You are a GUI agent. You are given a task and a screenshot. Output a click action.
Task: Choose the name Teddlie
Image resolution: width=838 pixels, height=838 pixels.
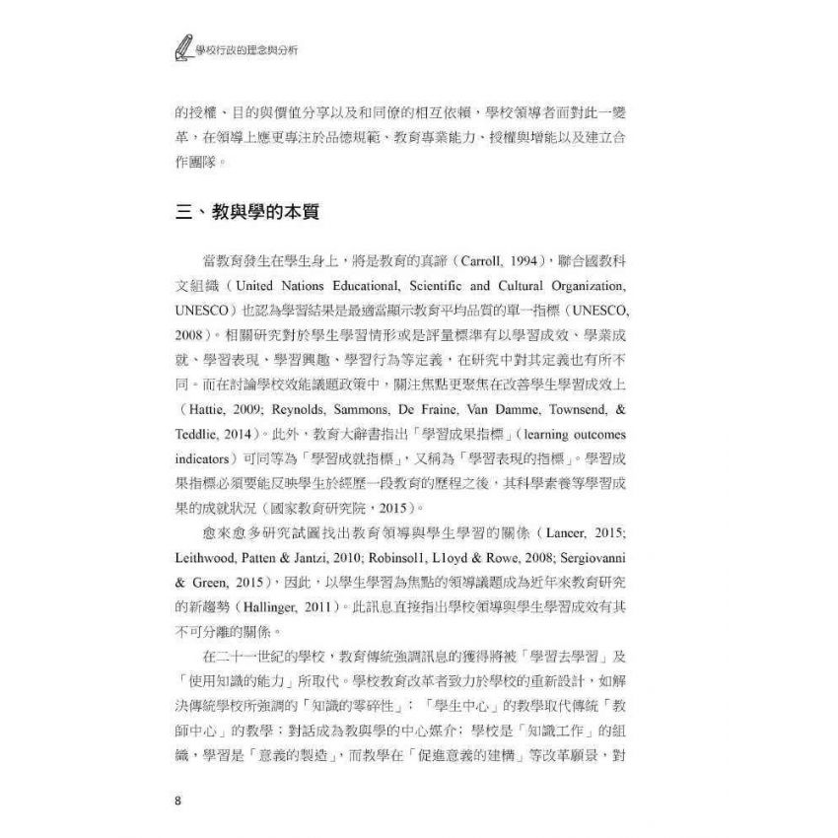196,434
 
